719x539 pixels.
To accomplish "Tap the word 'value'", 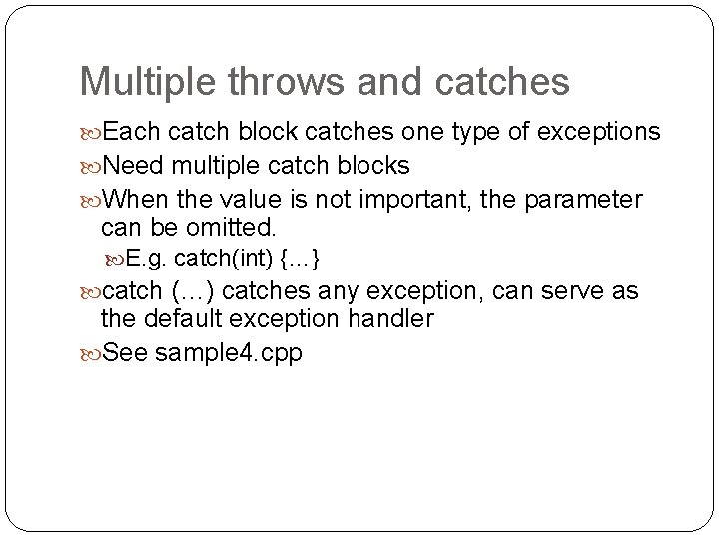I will coord(241,200).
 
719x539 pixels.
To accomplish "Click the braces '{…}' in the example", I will coord(300,260).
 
